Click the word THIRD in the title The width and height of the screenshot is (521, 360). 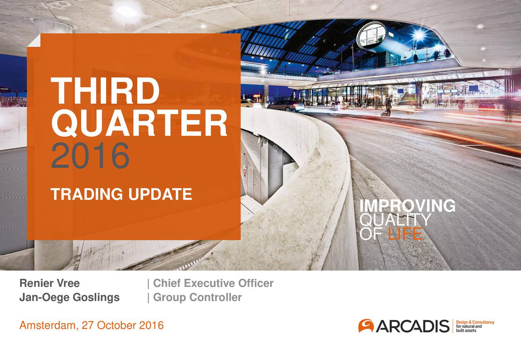tap(105, 91)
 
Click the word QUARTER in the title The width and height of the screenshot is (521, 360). tap(139, 124)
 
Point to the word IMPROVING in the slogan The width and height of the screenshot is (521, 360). tap(407, 206)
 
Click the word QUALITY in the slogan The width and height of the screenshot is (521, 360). tap(395, 220)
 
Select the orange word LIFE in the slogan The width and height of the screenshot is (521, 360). tap(405, 234)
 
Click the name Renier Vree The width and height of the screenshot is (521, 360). tap(50, 283)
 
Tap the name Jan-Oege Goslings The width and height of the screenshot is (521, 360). tap(70, 297)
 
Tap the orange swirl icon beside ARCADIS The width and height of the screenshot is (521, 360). tap(366, 325)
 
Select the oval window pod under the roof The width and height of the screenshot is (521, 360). tap(371, 35)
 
